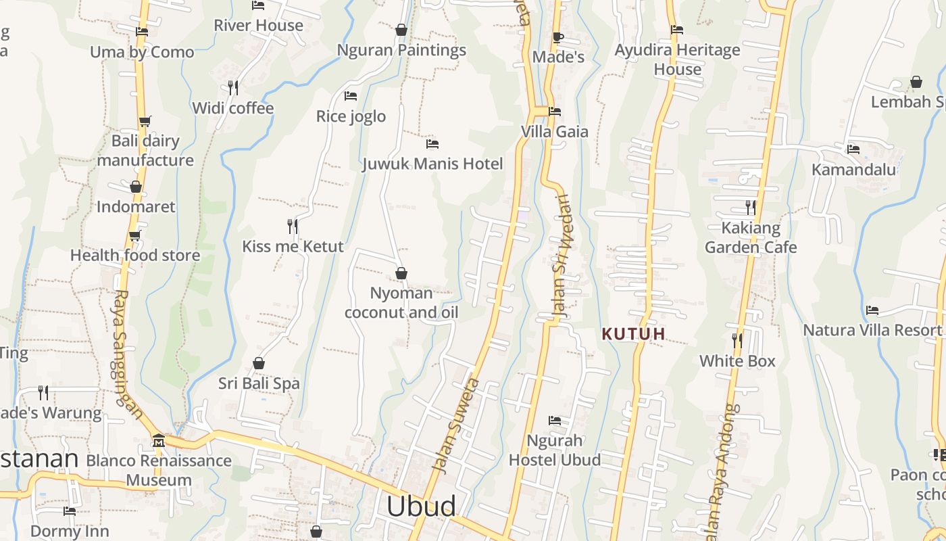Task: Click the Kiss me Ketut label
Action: (293, 246)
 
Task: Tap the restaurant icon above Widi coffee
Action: (233, 88)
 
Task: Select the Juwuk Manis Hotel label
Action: (432, 164)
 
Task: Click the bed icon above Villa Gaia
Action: (555, 112)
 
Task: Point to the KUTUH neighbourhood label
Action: (634, 333)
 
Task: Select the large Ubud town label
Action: (421, 507)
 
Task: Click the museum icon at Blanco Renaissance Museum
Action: (159, 440)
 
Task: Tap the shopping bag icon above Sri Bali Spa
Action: (259, 364)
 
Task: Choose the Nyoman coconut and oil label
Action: (401, 302)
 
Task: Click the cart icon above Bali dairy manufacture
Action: (145, 122)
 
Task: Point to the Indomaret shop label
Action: (136, 206)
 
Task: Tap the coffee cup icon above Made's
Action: (558, 37)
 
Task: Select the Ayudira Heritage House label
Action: (677, 60)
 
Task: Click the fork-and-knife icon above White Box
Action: (737, 341)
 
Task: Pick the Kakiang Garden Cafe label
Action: (751, 237)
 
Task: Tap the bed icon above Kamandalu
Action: (853, 149)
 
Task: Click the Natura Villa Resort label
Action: (872, 331)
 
